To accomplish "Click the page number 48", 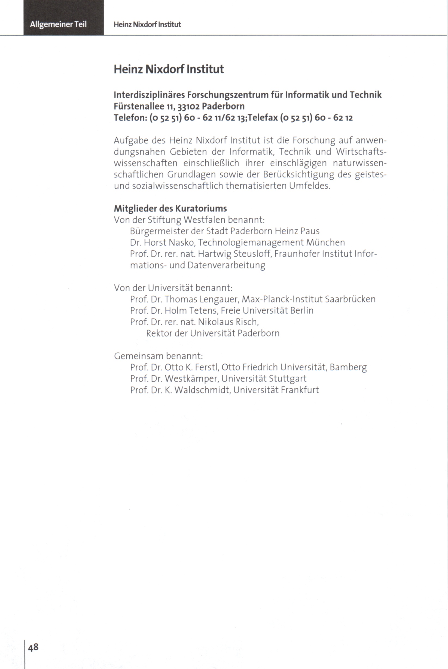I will (33, 647).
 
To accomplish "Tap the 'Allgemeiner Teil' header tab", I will (58, 24).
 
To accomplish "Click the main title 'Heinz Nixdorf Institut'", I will (169, 69).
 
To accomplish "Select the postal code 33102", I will (188, 106).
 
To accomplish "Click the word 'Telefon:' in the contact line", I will (130, 118).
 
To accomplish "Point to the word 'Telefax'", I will (263, 118).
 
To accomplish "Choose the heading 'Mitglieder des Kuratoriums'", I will (170, 208).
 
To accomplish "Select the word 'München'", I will (325, 243).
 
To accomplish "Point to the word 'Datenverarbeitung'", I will (226, 265).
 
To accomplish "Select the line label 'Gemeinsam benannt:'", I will (158, 356).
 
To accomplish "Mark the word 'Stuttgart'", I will (287, 379).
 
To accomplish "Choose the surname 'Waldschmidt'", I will (202, 390).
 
